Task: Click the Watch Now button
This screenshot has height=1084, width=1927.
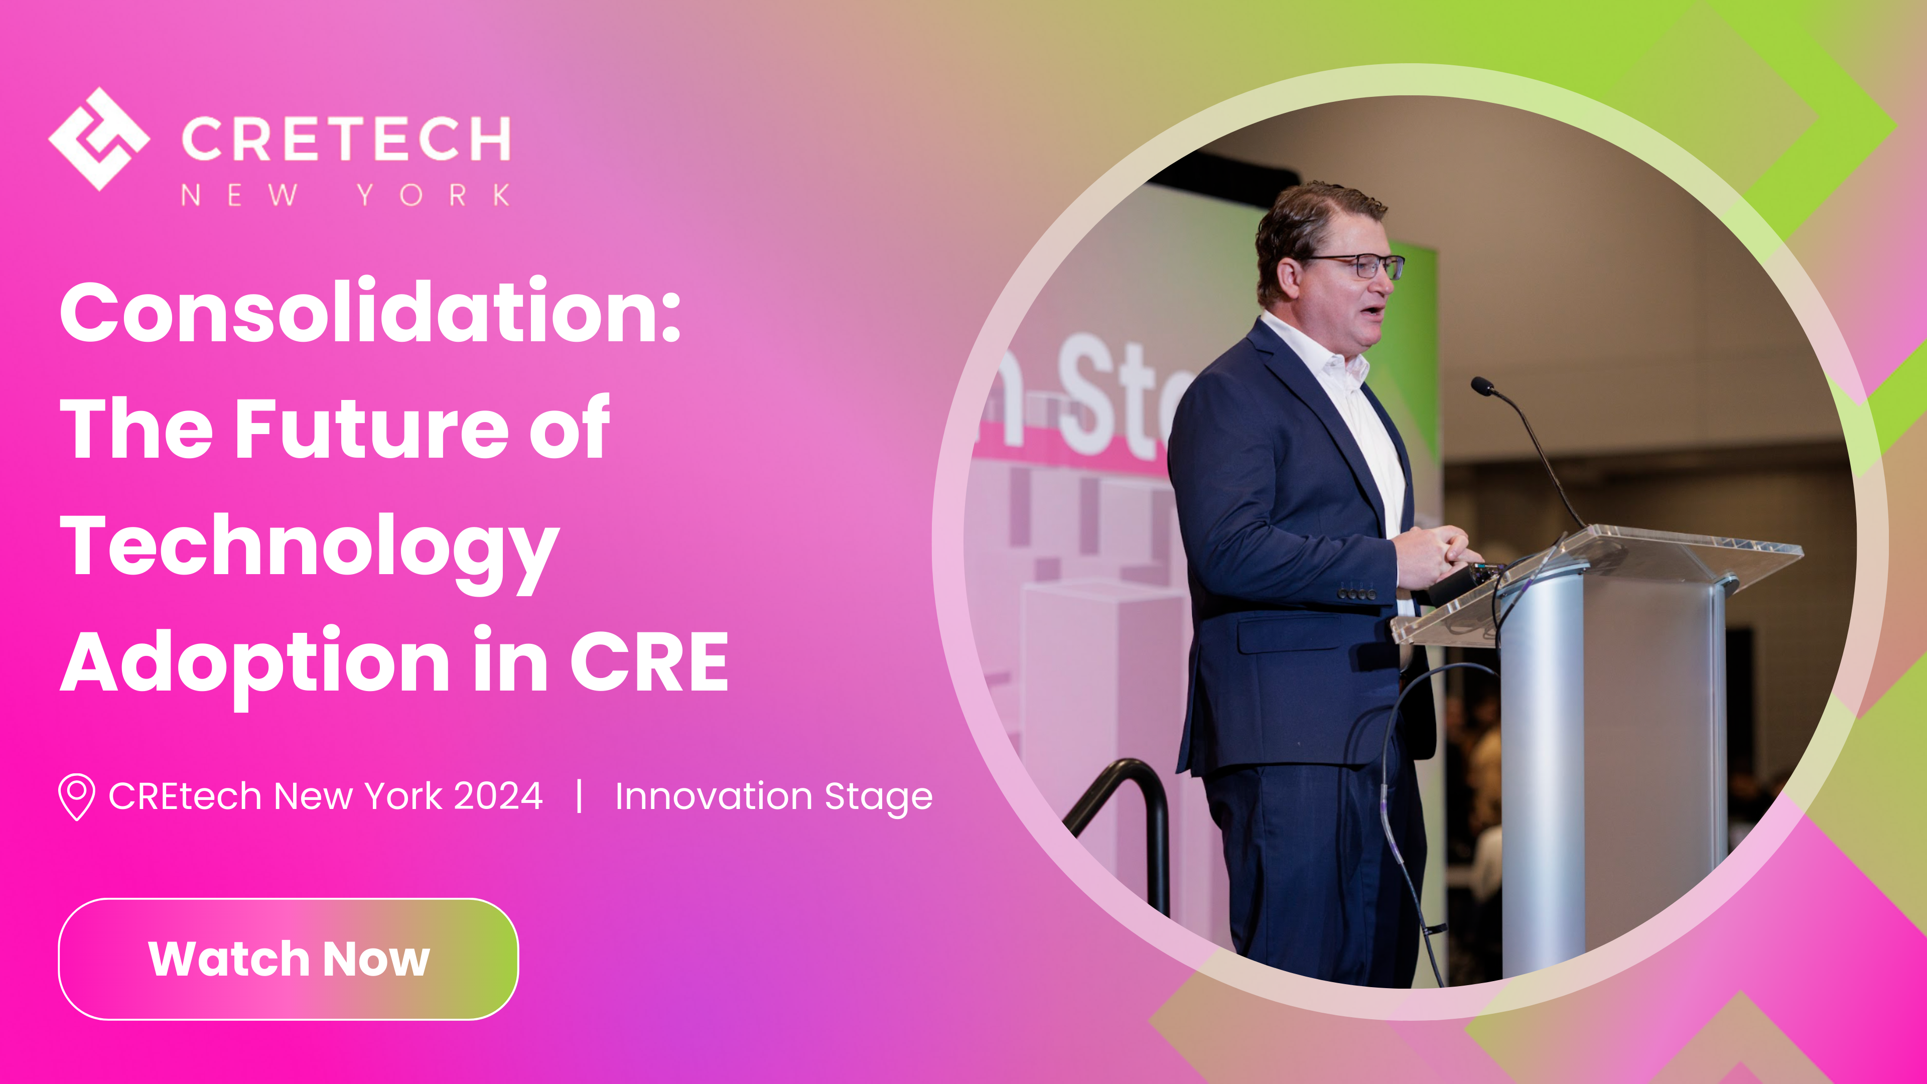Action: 288,959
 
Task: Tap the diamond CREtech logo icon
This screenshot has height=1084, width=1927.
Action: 99,139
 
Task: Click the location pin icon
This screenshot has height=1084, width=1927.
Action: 76,796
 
